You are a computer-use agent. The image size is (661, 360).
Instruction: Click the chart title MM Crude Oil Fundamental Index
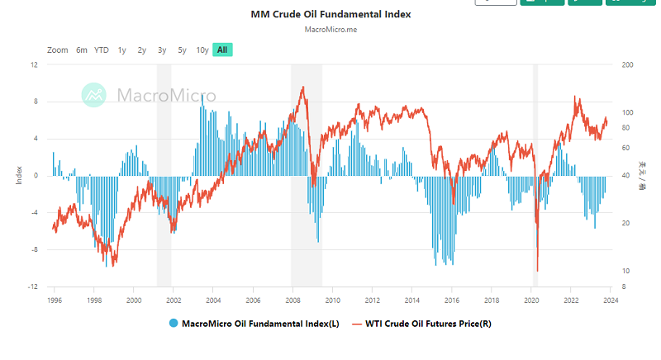click(330, 14)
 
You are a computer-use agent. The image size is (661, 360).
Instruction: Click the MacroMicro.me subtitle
click(330, 31)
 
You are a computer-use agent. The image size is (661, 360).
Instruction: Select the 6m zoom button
click(82, 50)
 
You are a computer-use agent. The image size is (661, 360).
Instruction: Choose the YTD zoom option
click(102, 50)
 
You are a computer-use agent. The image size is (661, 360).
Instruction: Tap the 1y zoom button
click(122, 50)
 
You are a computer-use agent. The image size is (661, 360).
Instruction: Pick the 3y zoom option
click(162, 50)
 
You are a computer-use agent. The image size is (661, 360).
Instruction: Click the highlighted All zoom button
click(222, 50)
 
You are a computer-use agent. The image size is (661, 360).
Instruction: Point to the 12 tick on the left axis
click(34, 64)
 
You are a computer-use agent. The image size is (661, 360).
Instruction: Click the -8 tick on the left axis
click(34, 249)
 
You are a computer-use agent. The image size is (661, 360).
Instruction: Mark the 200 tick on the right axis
click(625, 64)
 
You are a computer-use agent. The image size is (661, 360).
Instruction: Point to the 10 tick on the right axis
click(625, 271)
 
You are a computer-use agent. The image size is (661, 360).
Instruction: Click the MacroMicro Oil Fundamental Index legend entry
click(251, 324)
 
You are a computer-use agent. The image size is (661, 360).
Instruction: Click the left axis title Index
click(19, 175)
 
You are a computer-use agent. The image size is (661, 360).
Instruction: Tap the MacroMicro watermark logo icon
click(94, 95)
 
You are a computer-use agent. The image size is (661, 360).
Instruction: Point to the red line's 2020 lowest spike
click(537, 269)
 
